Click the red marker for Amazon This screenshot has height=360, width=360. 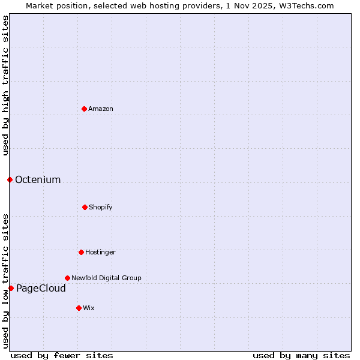pos(84,109)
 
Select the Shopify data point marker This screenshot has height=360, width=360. pos(85,207)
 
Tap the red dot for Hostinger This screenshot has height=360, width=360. pos(81,252)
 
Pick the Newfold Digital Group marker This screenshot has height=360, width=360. pos(67,278)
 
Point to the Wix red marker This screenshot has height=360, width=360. pos(79,308)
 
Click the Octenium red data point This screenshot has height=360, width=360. pos(10,179)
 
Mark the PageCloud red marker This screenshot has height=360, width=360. pos(11,288)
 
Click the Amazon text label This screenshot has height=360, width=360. pos(101,109)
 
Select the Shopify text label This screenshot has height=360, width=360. pos(101,207)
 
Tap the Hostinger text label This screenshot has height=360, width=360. pos(100,252)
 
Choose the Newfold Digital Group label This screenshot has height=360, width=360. pos(106,278)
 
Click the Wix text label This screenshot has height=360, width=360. pos(89,308)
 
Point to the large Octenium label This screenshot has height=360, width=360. pos(38,179)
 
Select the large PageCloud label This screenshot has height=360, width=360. pos(41,288)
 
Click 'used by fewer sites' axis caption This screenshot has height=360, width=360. pos(62,355)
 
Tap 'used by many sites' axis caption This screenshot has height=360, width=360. pos(301,355)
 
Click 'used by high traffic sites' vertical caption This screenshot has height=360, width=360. pos(5,85)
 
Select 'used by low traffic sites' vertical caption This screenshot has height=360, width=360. pos(5,280)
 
